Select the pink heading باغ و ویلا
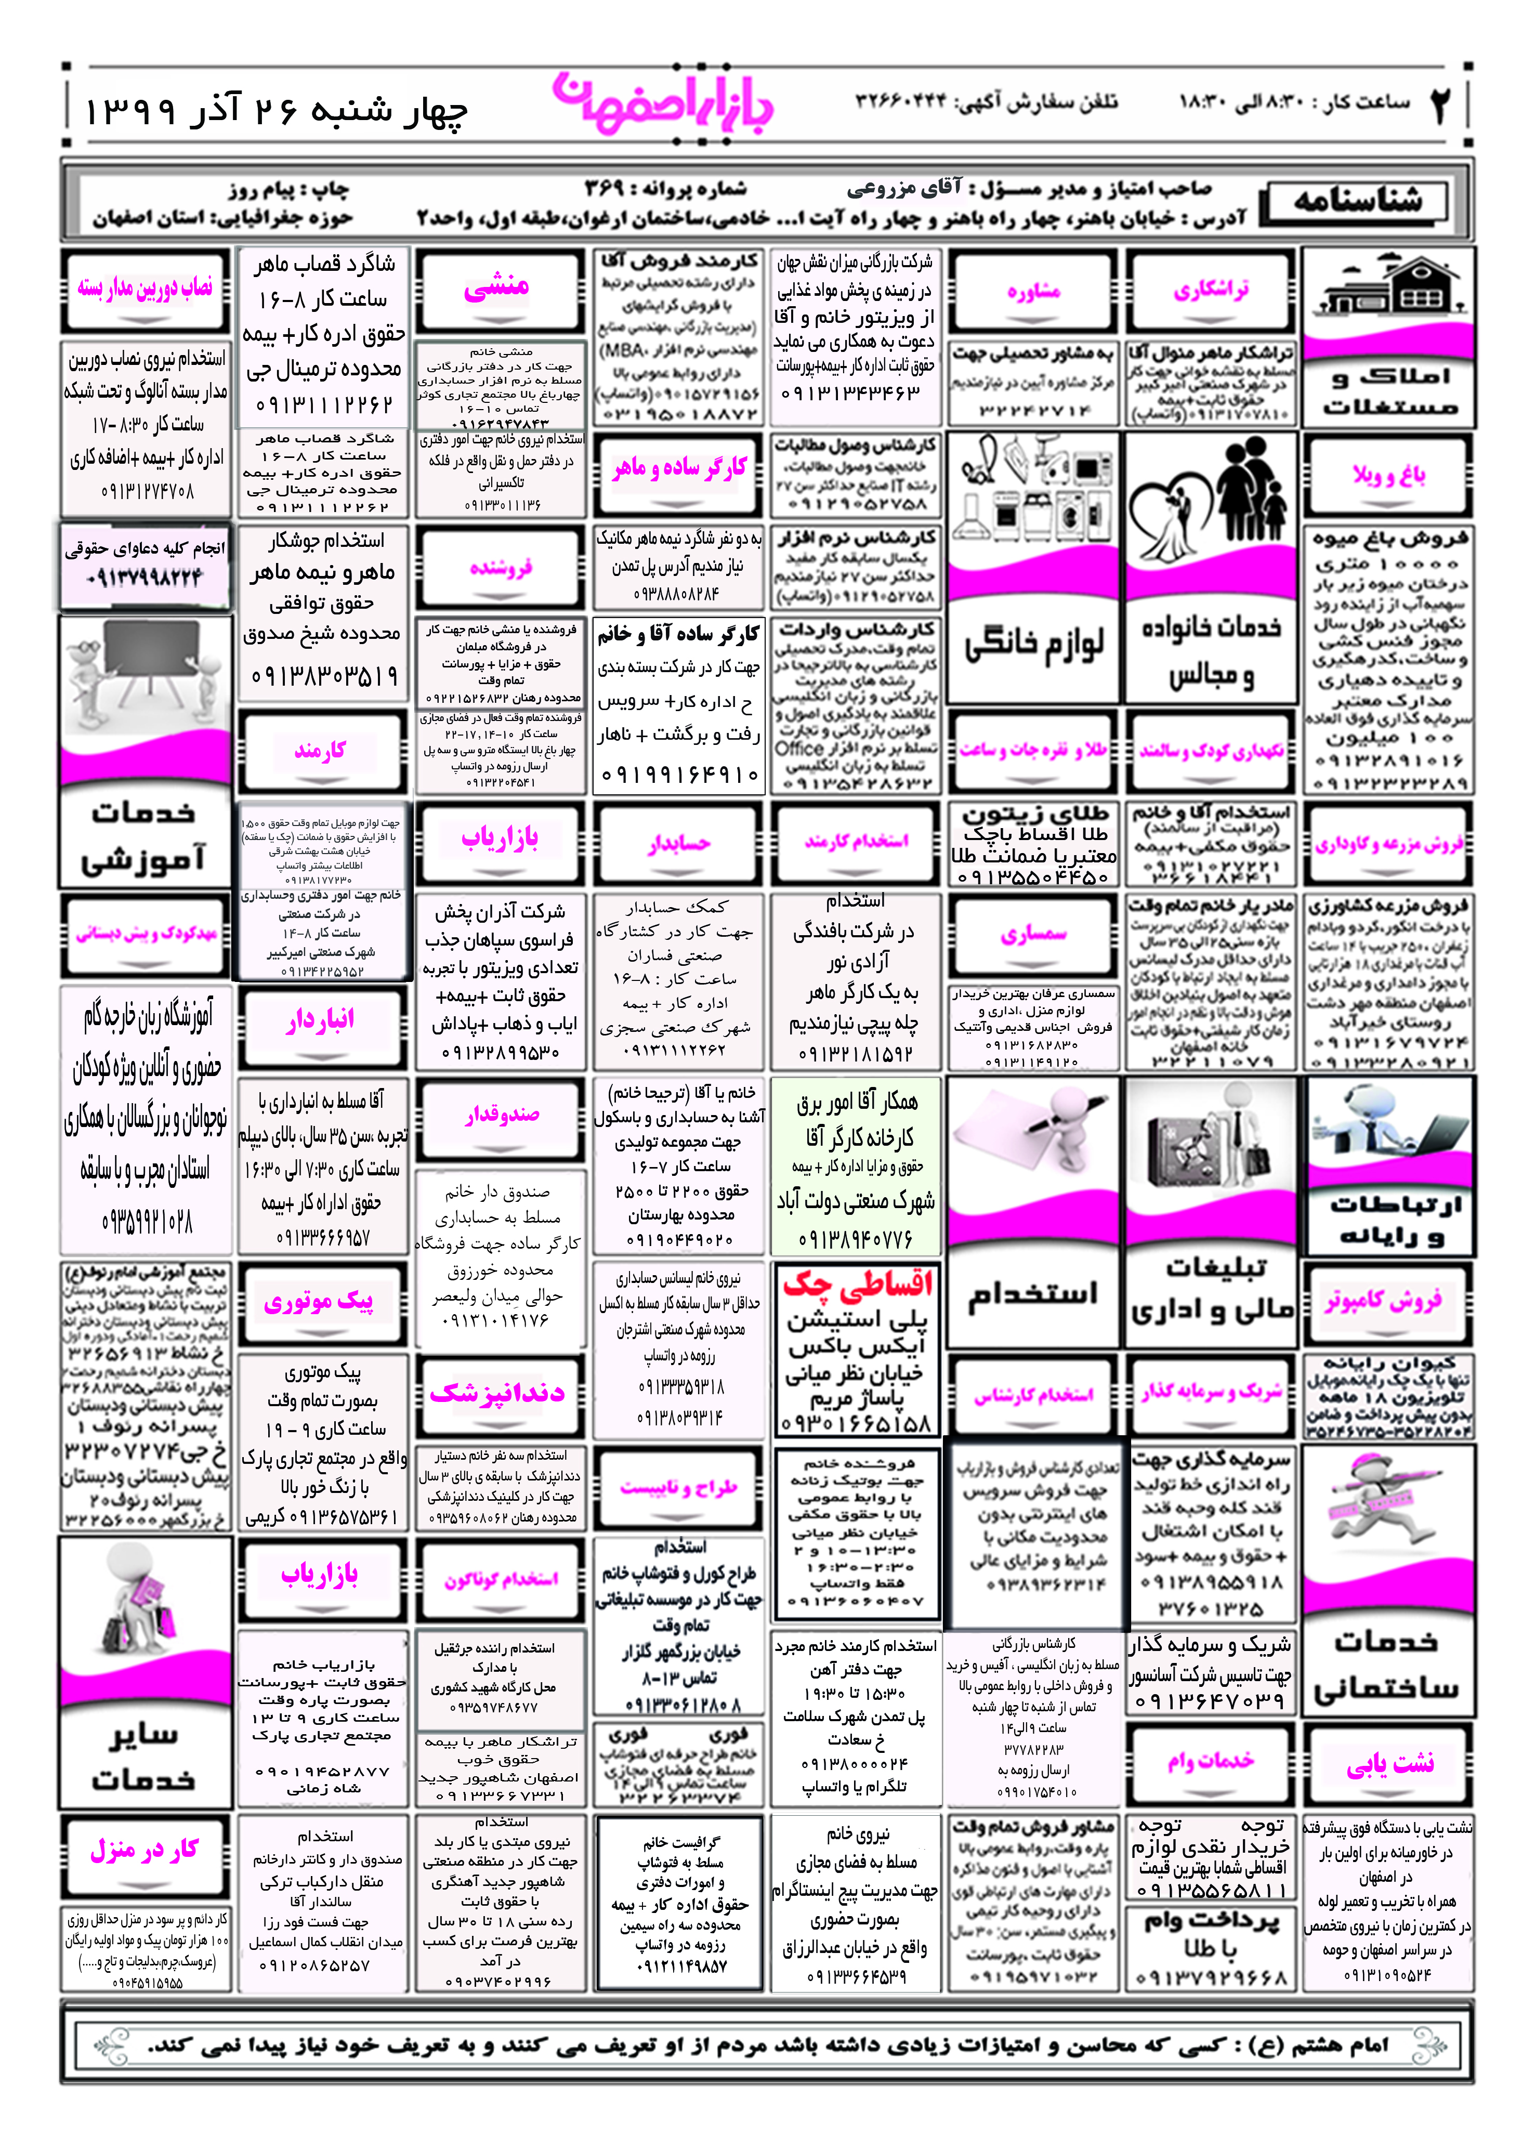coord(1388,475)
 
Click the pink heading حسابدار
coord(679,843)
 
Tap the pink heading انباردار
coord(320,1020)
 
